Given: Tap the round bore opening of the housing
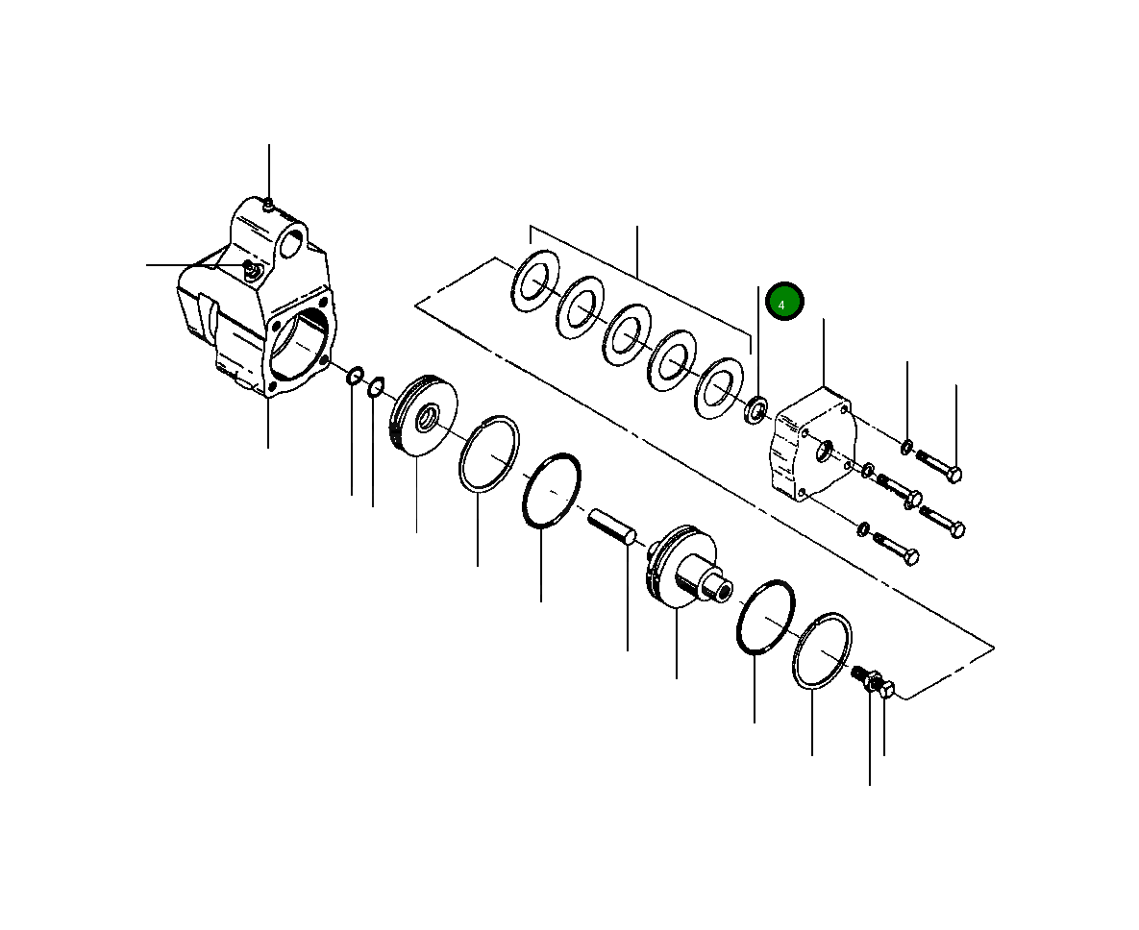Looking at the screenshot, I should click(299, 346).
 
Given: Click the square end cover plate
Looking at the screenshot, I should click(811, 444).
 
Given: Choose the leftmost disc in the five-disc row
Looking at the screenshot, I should click(535, 281).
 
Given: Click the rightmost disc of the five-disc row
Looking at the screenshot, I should click(721, 387).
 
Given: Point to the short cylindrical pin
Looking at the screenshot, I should click(612, 526).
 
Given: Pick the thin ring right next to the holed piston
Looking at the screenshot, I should click(489, 453).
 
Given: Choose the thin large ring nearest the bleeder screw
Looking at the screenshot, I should click(823, 650).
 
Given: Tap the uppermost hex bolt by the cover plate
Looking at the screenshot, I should click(939, 465).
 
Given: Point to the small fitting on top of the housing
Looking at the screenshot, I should click(268, 203).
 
